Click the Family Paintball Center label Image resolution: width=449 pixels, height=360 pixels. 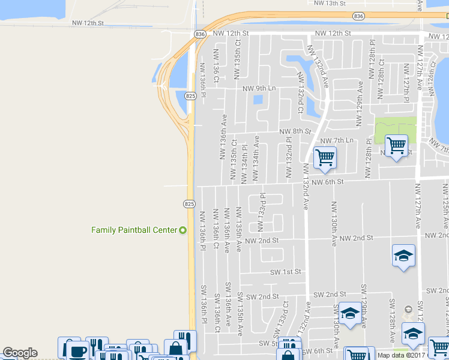[134, 230]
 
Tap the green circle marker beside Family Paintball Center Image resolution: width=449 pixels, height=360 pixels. [183, 230]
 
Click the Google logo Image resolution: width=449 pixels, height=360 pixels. [20, 353]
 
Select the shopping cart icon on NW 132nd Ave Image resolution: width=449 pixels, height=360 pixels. [325, 158]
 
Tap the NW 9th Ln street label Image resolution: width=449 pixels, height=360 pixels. [259, 88]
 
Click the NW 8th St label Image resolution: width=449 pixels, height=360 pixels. [295, 131]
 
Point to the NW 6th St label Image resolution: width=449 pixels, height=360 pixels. [327, 181]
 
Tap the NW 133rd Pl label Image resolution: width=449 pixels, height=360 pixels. [262, 212]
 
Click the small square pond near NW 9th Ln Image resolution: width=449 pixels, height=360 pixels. [259, 100]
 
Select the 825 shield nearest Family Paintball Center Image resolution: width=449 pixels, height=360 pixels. [189, 204]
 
